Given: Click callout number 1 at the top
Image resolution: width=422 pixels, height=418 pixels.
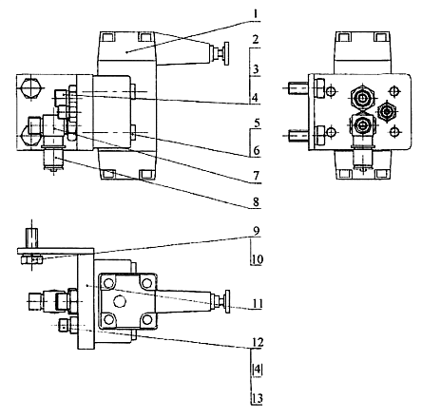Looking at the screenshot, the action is (x=256, y=14).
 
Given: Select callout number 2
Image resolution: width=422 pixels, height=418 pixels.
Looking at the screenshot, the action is (x=256, y=40).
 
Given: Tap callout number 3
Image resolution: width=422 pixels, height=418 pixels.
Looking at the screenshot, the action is (x=256, y=69).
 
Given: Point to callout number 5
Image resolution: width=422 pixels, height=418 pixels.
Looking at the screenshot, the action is (x=257, y=123).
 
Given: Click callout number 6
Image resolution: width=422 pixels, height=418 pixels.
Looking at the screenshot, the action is (x=257, y=150).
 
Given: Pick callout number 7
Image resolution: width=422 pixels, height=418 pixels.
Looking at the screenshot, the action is (x=257, y=176).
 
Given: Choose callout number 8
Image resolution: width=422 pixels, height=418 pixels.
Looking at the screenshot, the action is (x=256, y=201).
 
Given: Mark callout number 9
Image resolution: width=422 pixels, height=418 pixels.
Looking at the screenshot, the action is (x=256, y=231).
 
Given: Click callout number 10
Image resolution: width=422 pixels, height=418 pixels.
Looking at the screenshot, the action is (x=258, y=259).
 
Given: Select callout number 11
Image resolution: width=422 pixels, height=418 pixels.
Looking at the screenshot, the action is (x=258, y=304).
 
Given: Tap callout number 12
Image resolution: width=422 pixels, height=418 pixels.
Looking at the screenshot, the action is (x=258, y=342).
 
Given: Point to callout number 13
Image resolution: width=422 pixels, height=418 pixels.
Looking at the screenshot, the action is (x=258, y=398).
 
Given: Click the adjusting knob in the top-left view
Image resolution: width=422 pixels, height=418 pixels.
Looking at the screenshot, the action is (x=226, y=53).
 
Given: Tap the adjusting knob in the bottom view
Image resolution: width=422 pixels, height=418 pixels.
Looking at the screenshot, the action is (x=227, y=301).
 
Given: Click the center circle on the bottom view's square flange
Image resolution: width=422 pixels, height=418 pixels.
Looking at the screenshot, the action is (x=120, y=300).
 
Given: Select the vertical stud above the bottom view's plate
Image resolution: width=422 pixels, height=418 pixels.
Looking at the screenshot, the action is (x=31, y=237).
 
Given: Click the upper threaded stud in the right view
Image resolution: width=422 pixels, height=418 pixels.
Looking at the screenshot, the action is (x=298, y=88).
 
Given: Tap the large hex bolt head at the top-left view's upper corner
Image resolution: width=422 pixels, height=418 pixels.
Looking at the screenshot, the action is (x=31, y=87).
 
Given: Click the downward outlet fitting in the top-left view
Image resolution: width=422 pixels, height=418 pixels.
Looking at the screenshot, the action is (x=53, y=159).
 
